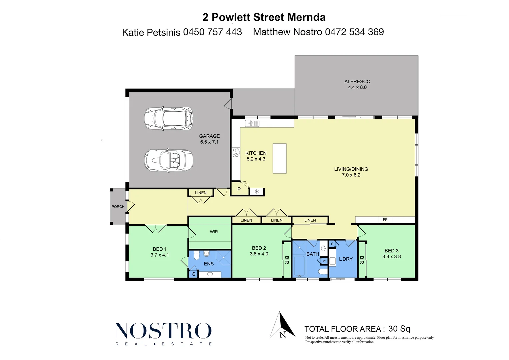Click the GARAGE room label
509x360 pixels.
[209, 136]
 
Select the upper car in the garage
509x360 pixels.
[169, 118]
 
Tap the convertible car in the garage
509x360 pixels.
[169, 160]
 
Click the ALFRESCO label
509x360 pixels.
[357, 81]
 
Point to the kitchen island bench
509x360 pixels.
[279, 158]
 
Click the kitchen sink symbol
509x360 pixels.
[252, 124]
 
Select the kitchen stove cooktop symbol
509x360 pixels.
[236, 153]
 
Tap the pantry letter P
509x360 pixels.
[239, 189]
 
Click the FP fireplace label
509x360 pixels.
[385, 220]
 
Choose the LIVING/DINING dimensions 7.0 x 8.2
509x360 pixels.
[351, 175]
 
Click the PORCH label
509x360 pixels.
[118, 207]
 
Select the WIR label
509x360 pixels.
[214, 232]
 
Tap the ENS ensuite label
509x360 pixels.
[209, 264]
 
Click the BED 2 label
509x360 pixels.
[259, 248]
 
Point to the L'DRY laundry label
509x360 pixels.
[346, 259]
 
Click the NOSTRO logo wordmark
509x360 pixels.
[163, 331]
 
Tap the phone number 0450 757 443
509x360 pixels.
[212, 32]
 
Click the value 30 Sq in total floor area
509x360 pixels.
[399, 329]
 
